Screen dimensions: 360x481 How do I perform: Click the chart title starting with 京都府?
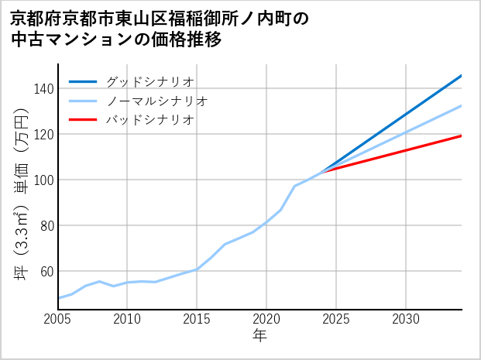pyautogui.click(x=160, y=29)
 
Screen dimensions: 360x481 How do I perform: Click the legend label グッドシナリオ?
pyautogui.click(x=149, y=81)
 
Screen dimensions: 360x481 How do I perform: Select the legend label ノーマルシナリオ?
pyautogui.click(x=156, y=101)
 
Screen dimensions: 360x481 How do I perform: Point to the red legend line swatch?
pyautogui.click(x=83, y=120)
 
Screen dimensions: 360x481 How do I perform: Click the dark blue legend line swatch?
pyautogui.click(x=83, y=81)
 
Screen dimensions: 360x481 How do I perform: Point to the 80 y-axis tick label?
pyautogui.click(x=46, y=225)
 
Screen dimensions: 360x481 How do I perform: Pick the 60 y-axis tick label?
pyautogui.click(x=46, y=271)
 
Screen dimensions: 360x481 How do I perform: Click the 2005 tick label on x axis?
pyautogui.click(x=58, y=319)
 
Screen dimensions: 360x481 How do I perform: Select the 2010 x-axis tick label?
pyautogui.click(x=127, y=319)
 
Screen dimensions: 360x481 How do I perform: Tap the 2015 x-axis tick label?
pyautogui.click(x=197, y=319)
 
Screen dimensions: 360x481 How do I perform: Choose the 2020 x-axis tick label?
pyautogui.click(x=266, y=319)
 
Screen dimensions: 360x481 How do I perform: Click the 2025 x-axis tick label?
pyautogui.click(x=336, y=319)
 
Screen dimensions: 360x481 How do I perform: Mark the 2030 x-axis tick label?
pyautogui.click(x=406, y=319)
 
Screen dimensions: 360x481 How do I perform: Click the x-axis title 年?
pyautogui.click(x=260, y=336)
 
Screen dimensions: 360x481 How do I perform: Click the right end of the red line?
pyautogui.click(x=461, y=135)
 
